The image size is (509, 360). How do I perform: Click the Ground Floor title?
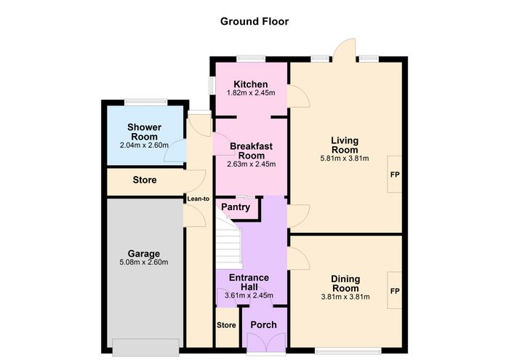(254, 21)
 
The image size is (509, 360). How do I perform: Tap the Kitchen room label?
(251, 84)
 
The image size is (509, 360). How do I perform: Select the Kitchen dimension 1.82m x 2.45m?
(251, 93)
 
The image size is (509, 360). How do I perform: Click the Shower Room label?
(144, 132)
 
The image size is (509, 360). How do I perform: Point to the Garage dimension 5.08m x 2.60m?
(144, 263)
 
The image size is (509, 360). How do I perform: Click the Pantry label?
(236, 207)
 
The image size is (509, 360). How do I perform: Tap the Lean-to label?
(199, 199)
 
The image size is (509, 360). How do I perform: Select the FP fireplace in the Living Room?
(395, 175)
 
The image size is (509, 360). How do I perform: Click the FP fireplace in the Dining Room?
(395, 291)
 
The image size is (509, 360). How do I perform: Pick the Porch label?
(263, 324)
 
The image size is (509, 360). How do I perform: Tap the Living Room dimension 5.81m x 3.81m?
(345, 159)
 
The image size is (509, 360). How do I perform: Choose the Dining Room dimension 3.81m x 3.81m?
(345, 297)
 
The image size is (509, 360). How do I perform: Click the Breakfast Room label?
(252, 151)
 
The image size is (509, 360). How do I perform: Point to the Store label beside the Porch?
(226, 325)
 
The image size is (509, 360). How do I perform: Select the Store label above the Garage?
(145, 180)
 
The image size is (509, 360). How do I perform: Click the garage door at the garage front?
(145, 348)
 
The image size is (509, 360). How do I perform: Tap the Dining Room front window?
(348, 351)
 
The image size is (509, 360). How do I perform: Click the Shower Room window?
(145, 103)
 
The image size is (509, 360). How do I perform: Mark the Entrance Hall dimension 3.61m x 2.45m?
(249, 296)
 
